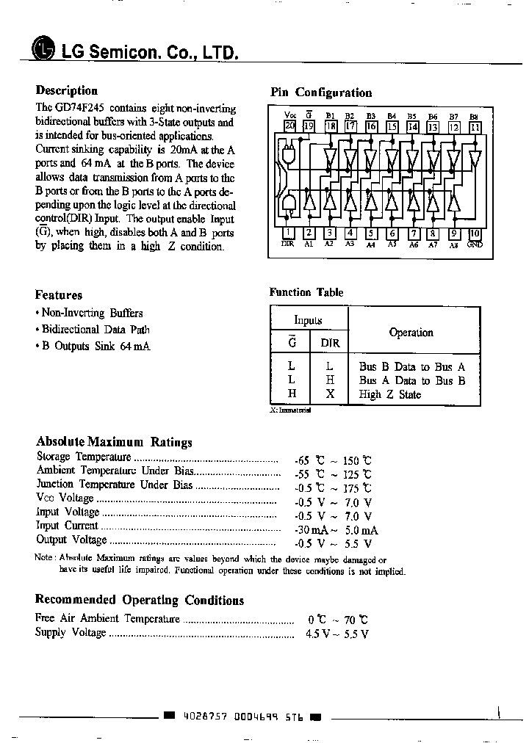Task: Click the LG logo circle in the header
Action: coord(43,50)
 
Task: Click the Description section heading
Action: coord(67,90)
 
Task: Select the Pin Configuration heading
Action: coord(321,93)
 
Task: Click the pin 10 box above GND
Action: coord(475,234)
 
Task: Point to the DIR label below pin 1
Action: coord(288,244)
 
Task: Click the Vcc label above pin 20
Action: coord(289,115)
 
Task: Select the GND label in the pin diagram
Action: coord(474,244)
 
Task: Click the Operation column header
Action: coord(411,333)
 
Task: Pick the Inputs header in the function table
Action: coord(309,320)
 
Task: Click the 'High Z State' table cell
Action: coord(389,394)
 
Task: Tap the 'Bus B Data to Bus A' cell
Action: coord(411,366)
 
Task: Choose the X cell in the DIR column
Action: coord(330,394)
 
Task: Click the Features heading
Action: coord(59,295)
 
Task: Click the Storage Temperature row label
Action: coord(84,456)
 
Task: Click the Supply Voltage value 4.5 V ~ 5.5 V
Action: coord(337,633)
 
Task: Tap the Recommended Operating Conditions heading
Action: coord(140,600)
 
